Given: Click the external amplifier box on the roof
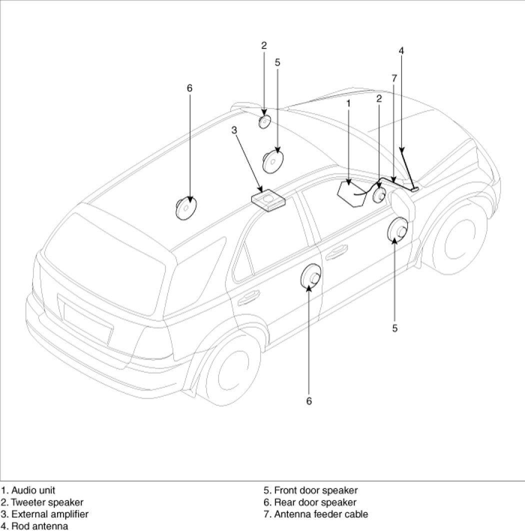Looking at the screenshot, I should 268,200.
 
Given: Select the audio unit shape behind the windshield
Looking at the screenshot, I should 351,193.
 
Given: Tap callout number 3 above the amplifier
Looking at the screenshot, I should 234,130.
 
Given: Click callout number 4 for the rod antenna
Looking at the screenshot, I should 401,50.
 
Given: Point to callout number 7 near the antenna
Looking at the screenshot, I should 394,78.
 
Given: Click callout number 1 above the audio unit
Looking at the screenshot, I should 348,103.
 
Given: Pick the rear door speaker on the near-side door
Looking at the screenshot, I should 311,276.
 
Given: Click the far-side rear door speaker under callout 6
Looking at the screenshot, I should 186,208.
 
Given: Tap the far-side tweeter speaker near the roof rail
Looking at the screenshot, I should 264,121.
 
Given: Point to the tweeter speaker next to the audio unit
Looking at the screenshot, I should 379,194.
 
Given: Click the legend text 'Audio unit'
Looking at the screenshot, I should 33,490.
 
